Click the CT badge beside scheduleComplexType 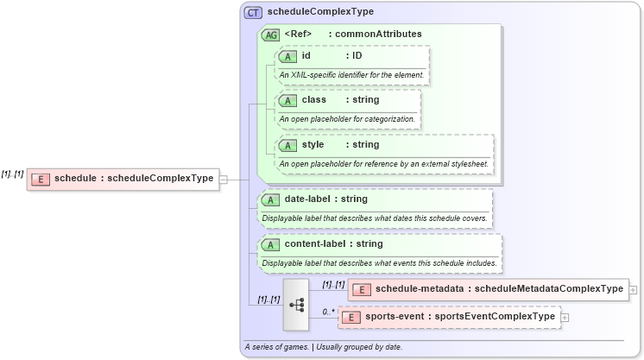point(253,13)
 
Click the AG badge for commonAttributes point(270,35)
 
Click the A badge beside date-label point(270,199)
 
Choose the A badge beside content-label point(270,244)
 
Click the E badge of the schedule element point(40,179)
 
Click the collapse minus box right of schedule point(224,179)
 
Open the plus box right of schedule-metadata point(634,290)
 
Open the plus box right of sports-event point(565,318)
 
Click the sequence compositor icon point(296,304)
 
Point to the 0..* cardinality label point(328,311)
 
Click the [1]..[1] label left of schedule point(12,174)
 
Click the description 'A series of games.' point(277,347)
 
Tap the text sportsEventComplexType point(496,317)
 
